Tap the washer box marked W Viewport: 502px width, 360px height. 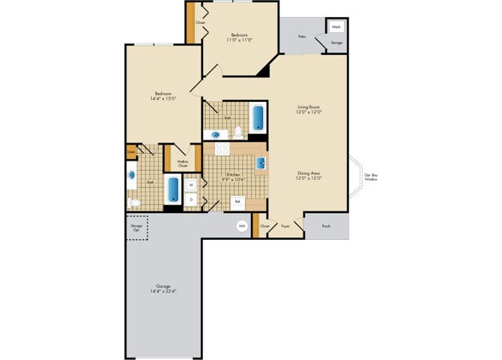pos(191,184)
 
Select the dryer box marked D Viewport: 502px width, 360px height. pos(191,199)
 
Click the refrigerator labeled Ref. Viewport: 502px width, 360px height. pos(238,201)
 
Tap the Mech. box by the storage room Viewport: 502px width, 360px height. pos(336,25)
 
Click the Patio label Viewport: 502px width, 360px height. pos(302,36)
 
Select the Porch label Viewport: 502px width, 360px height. pos(326,225)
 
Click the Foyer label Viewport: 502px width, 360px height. pos(285,225)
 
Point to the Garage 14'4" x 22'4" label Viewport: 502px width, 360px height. pos(163,289)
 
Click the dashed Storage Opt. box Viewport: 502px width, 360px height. pos(136,228)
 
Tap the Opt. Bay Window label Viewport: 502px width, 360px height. pos(370,178)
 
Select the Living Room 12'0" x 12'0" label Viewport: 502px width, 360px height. pos(309,109)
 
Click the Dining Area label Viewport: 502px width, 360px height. pos(309,175)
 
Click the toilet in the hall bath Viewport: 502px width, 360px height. pos(238,133)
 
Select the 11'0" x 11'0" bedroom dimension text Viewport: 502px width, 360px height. pos(240,40)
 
